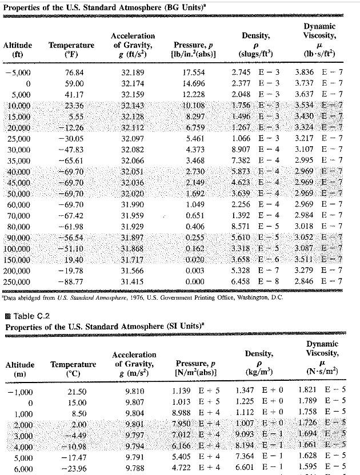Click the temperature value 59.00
point(74,84)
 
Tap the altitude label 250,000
point(18,282)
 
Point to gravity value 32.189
point(133,73)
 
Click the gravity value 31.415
point(133,282)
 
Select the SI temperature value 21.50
point(77,392)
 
